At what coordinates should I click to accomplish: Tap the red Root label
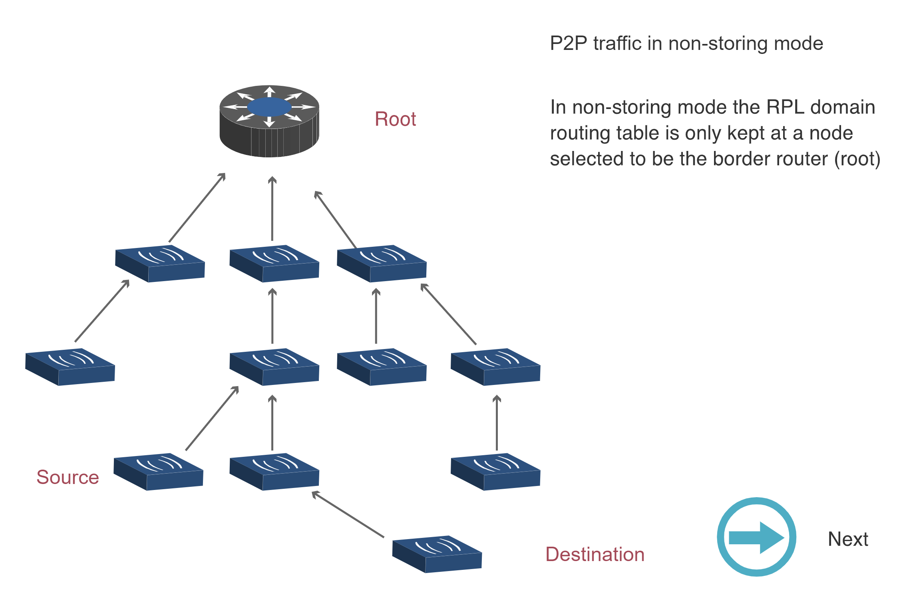click(x=395, y=119)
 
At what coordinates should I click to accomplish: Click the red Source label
click(x=68, y=477)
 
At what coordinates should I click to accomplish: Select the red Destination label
click(x=595, y=554)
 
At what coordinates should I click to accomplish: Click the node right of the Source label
click(x=159, y=472)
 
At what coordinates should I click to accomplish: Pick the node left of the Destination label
click(x=437, y=554)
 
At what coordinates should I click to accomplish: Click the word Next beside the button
click(x=848, y=539)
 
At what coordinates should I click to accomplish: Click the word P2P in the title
click(x=568, y=43)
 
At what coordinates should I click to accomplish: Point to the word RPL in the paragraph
click(x=785, y=107)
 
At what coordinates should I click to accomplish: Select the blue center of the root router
click(x=269, y=107)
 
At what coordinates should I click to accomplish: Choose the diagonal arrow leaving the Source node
click(x=212, y=418)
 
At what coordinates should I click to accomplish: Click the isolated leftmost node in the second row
click(x=70, y=367)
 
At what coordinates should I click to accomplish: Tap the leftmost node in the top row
click(x=160, y=264)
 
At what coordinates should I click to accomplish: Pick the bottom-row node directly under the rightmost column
click(x=495, y=472)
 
